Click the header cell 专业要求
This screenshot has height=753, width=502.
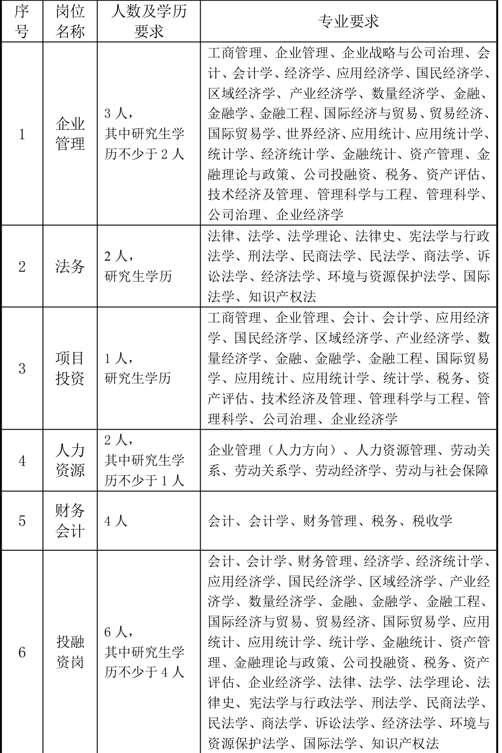coord(349,21)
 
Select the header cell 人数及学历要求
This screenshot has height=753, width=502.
coord(149,21)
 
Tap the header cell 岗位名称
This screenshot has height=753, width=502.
coord(70,21)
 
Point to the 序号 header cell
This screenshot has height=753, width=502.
coord(22,21)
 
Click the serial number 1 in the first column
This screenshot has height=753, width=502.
coord(22,134)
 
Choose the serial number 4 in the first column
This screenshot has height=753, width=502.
coord(22,461)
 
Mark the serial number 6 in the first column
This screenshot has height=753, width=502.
coord(22,652)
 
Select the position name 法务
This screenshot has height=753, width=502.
coord(70,267)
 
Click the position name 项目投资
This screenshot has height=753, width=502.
coord(70,368)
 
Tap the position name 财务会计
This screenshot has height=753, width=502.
coord(70,520)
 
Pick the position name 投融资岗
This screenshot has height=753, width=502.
coord(70,652)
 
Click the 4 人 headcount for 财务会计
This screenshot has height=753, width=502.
coord(116,521)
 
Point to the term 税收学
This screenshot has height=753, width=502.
coord(432,521)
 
